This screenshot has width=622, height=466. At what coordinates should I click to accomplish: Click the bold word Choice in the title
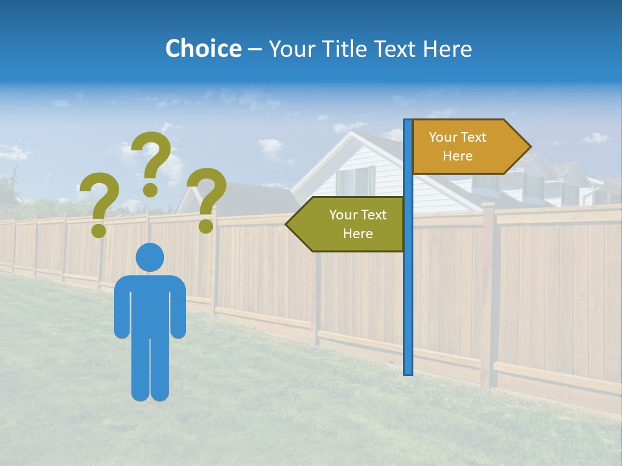[203, 49]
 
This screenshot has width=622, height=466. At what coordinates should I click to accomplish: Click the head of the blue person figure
[150, 257]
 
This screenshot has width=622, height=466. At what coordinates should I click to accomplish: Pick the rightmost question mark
[207, 197]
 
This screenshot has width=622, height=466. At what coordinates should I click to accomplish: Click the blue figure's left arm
[122, 307]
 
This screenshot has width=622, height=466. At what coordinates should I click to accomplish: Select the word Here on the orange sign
[457, 156]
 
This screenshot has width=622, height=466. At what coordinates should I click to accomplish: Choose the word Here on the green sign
[358, 234]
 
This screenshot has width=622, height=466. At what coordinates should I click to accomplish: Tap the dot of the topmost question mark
[150, 190]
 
